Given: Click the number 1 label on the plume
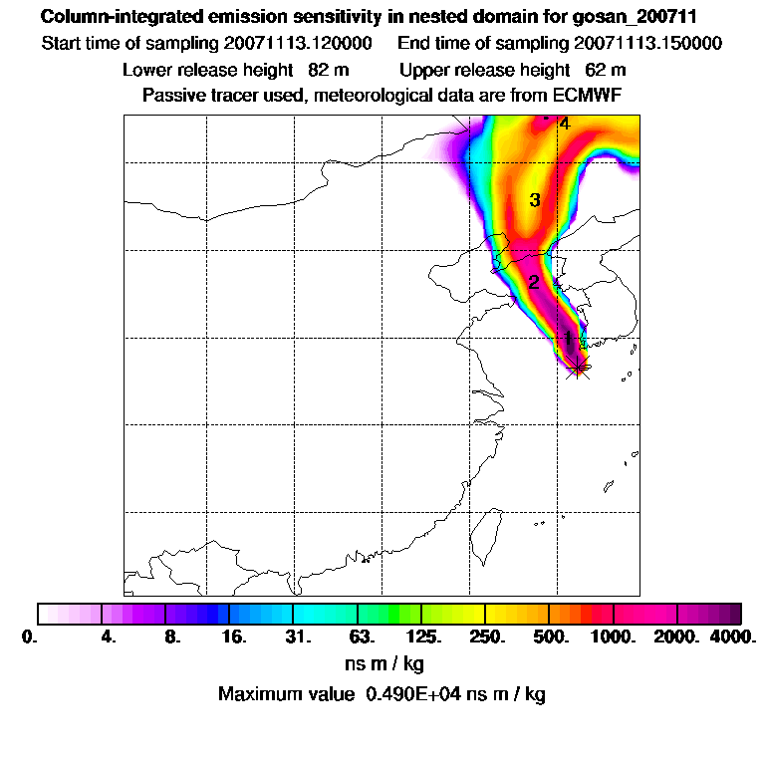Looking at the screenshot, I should (568, 339).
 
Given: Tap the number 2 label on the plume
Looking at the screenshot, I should (534, 283).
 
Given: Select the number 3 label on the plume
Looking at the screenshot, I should (535, 201).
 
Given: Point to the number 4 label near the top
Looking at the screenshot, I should (564, 125).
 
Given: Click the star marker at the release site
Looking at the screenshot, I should (577, 368).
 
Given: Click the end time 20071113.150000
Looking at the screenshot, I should (647, 44).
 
